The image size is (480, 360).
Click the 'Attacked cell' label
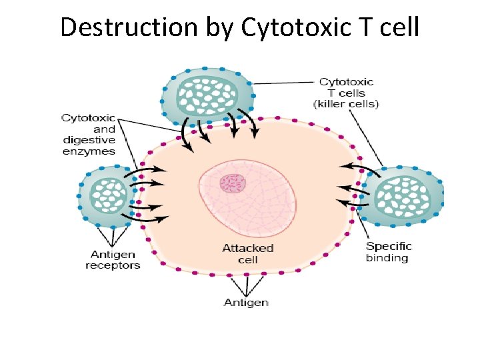(x=248, y=253)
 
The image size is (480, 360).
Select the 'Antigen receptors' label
(x=113, y=260)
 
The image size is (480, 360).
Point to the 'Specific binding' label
(x=389, y=252)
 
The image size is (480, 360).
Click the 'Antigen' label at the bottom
(x=246, y=302)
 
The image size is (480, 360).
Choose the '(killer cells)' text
(x=346, y=104)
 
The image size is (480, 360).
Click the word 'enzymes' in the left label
(x=89, y=151)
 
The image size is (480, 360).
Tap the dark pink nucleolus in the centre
(x=233, y=183)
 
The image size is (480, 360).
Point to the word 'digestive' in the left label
(x=89, y=140)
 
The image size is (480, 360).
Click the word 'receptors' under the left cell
(x=113, y=265)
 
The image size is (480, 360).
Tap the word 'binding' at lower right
(x=387, y=258)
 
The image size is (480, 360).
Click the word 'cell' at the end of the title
(x=399, y=27)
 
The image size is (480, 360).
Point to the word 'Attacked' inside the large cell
(x=248, y=248)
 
